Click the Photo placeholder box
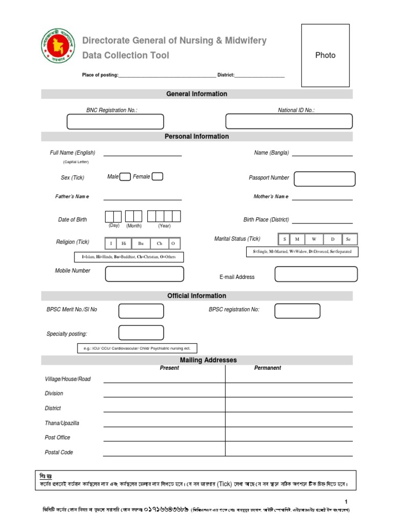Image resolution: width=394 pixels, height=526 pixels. click(x=325, y=55)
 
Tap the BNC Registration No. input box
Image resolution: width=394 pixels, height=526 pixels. click(x=115, y=122)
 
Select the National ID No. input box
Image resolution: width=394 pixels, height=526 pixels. click(x=289, y=121)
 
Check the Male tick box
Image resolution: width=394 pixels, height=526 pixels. click(x=125, y=177)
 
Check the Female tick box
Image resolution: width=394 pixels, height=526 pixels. click(x=157, y=177)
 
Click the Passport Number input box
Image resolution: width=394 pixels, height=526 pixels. click(x=325, y=179)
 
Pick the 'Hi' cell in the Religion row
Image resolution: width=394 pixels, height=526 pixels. click(x=124, y=243)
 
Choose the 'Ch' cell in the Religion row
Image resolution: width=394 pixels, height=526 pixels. click(x=160, y=243)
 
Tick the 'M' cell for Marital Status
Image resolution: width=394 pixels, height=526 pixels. click(x=297, y=239)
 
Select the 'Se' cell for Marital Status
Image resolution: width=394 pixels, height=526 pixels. click(x=348, y=239)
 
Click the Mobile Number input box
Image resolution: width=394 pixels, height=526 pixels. click(x=144, y=274)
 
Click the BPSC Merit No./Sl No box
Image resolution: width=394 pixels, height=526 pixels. click(x=141, y=311)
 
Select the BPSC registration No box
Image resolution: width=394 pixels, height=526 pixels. click(x=297, y=311)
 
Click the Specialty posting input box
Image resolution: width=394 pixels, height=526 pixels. click(x=141, y=333)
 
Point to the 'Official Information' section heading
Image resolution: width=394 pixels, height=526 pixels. click(x=196, y=296)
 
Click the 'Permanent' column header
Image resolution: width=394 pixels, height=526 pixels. click(x=268, y=368)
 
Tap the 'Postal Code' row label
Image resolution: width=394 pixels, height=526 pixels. click(x=59, y=453)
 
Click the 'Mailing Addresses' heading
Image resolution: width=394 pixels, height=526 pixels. click(x=208, y=360)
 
